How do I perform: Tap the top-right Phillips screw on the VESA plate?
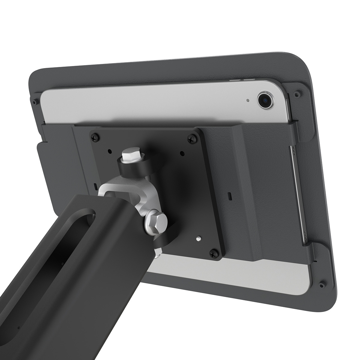(x=191, y=139)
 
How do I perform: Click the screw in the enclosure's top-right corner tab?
(x=297, y=94)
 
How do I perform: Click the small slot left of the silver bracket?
(x=95, y=187)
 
